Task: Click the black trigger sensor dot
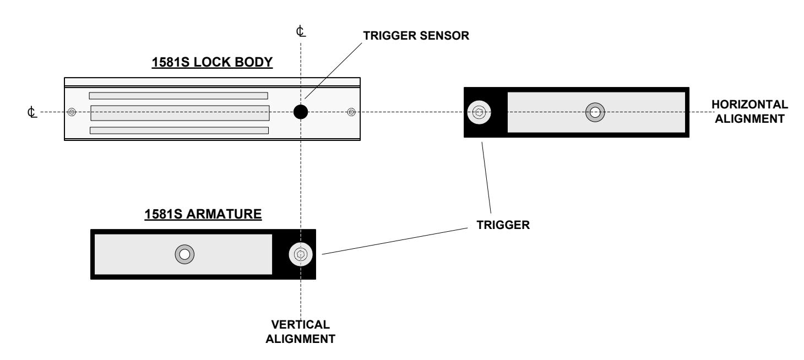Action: click(x=301, y=112)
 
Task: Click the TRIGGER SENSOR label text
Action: click(x=416, y=36)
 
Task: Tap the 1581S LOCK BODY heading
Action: click(x=212, y=62)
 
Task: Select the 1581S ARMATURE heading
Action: click(x=203, y=214)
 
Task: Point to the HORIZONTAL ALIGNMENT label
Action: click(x=749, y=111)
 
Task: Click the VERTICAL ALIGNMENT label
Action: click(x=301, y=331)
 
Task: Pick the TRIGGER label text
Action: click(x=503, y=225)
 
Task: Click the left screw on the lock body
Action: click(x=72, y=112)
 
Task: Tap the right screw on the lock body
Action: click(x=351, y=112)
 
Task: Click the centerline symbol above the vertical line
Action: click(x=301, y=31)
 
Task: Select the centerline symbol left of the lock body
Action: click(x=32, y=112)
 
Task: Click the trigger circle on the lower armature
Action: click(x=301, y=254)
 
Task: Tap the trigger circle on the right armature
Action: click(x=479, y=112)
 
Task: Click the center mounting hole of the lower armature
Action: click(x=184, y=254)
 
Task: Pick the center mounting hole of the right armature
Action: click(x=595, y=112)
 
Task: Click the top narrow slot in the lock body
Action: click(x=178, y=96)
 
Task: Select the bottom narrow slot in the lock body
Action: click(x=179, y=130)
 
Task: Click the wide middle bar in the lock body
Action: click(x=180, y=113)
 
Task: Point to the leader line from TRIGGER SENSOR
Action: click(x=334, y=70)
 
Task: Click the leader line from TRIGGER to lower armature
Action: click(x=395, y=241)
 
